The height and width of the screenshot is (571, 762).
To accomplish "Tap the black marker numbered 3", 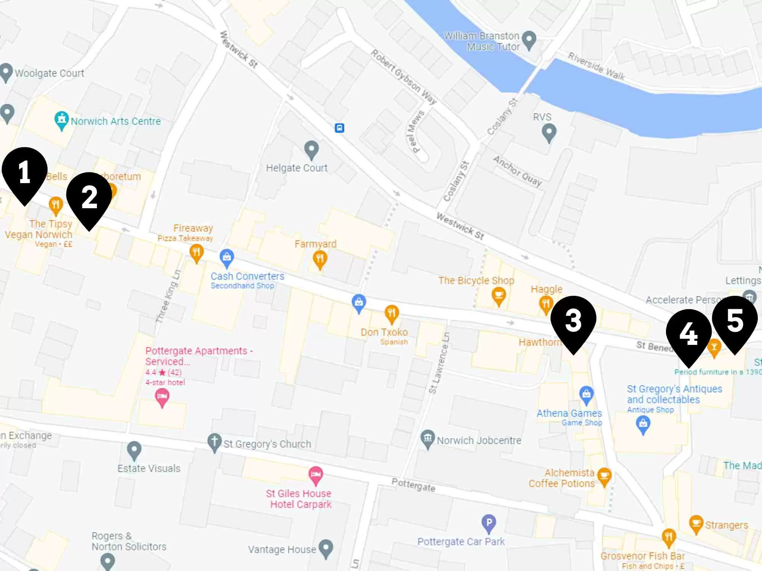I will click(573, 322).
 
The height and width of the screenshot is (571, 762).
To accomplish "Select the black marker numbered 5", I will click(735, 322).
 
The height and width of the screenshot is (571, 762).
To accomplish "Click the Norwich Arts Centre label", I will click(115, 121).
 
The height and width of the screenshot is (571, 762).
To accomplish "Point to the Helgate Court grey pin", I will click(311, 150).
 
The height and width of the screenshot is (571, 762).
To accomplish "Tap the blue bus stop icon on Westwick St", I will click(339, 128).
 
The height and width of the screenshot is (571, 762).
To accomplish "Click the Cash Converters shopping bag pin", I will click(227, 258).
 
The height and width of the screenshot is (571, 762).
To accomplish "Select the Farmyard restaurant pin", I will click(320, 260).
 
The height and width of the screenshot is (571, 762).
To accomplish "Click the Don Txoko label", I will click(384, 332).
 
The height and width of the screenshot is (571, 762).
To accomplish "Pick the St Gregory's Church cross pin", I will click(215, 442).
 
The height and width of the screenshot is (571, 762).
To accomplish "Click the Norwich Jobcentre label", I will click(479, 440).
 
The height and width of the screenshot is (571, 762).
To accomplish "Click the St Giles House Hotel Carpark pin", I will click(315, 475).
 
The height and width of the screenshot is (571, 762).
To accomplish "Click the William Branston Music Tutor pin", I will click(529, 40).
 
